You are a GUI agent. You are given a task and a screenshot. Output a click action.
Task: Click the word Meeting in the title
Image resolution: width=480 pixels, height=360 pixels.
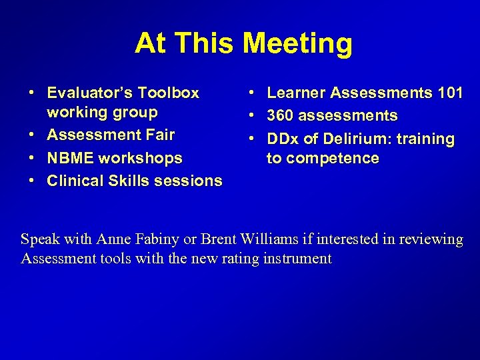click(x=297, y=44)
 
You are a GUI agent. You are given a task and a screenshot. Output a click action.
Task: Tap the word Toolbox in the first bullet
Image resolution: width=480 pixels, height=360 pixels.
click(x=169, y=93)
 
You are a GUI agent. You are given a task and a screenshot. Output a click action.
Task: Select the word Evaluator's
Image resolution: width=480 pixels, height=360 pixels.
click(x=90, y=93)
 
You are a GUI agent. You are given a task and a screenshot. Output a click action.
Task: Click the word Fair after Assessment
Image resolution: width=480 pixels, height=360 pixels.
click(x=160, y=135)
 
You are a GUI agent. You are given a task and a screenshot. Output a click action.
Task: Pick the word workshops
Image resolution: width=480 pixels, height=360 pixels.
click(x=141, y=159)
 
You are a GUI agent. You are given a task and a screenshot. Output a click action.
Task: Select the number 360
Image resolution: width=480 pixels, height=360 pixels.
click(x=281, y=116)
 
